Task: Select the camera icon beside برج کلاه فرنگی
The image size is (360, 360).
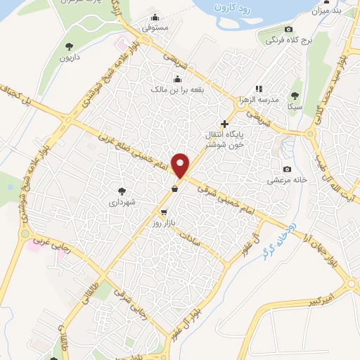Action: point(288,30)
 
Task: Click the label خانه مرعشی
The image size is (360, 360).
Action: point(287,180)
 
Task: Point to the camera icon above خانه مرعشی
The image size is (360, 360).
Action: point(287,169)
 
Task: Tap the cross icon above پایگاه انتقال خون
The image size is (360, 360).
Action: point(224,124)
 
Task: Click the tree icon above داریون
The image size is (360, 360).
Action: point(69,46)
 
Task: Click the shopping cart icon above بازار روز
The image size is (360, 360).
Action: point(164,212)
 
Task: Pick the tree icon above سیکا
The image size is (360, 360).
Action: point(294,96)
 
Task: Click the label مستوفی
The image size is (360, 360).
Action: point(155,28)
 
